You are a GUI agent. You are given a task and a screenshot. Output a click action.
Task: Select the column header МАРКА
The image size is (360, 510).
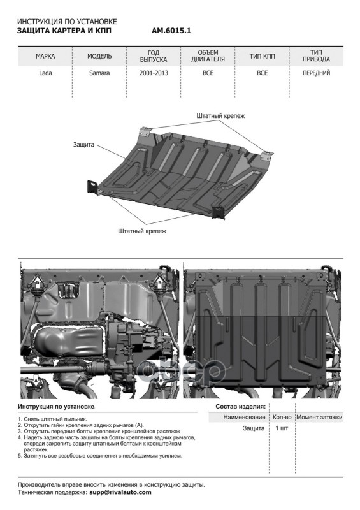[x=45, y=57]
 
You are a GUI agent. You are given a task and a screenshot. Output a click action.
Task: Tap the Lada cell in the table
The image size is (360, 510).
[x=45, y=73]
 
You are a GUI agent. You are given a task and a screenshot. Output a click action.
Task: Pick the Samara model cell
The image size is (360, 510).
[x=99, y=73]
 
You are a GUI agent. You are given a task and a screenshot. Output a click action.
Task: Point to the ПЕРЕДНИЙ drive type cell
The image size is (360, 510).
[x=316, y=73]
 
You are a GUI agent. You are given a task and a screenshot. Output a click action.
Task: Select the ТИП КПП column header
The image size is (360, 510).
[x=262, y=57]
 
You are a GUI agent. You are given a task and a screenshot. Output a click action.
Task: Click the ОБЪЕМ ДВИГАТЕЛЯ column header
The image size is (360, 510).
[x=208, y=56]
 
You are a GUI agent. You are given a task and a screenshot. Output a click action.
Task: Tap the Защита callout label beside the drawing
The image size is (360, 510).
[x=83, y=145]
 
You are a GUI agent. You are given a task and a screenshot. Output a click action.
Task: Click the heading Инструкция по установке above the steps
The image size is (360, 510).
[x=56, y=406]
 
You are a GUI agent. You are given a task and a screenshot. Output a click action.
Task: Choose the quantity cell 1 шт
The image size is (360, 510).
[x=281, y=428]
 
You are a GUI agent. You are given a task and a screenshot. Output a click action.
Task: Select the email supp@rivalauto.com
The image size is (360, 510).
[x=120, y=492]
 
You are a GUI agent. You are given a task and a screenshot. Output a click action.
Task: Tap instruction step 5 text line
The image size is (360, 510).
[x=101, y=456]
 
